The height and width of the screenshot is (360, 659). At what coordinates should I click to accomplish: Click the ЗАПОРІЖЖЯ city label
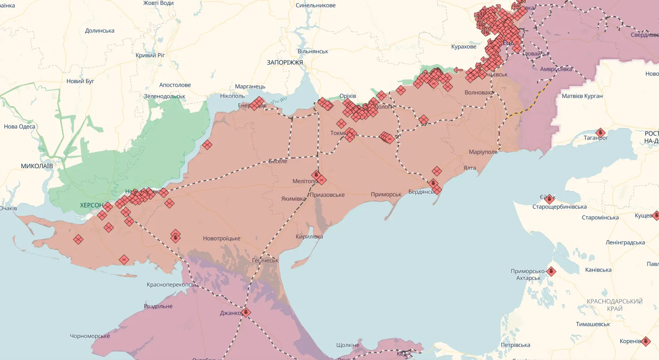(285, 62)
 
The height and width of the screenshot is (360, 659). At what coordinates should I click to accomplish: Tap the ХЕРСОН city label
(92, 205)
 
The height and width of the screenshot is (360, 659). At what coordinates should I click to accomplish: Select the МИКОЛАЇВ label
(37, 166)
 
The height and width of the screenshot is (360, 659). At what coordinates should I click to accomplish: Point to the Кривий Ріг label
(150, 55)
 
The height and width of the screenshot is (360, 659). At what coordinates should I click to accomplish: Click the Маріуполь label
(483, 152)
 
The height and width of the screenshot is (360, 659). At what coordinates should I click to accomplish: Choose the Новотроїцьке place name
(222, 239)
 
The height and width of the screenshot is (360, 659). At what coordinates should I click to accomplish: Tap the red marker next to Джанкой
(246, 312)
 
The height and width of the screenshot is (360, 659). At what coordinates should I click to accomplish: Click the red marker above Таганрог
(600, 132)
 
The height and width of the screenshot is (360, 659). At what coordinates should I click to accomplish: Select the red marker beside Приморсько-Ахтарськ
(551, 272)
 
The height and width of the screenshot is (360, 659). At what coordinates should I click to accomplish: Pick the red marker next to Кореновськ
(645, 341)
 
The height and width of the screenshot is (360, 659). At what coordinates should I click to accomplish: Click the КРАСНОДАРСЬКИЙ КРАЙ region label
(615, 305)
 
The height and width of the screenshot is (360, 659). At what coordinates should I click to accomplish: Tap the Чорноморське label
(90, 336)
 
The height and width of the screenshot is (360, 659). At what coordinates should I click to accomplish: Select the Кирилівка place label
(309, 236)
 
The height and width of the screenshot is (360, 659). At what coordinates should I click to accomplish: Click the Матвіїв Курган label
(582, 96)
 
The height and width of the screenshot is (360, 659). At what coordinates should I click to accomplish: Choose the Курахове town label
(464, 47)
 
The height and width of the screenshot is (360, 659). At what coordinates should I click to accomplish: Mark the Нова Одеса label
(19, 126)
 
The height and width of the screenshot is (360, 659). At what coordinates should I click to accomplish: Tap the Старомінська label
(600, 217)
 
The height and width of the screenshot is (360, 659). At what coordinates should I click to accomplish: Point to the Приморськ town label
(386, 194)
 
